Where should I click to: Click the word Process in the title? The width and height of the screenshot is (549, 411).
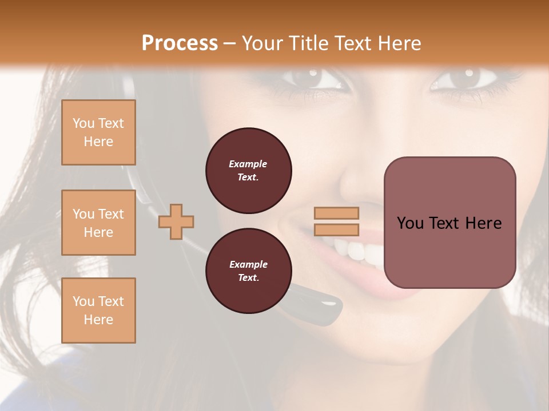(x=180, y=43)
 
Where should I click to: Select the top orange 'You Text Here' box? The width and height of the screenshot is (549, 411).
(x=98, y=132)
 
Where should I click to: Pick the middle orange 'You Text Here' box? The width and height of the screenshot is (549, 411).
(x=98, y=223)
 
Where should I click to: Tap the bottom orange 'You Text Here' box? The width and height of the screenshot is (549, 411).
(x=98, y=311)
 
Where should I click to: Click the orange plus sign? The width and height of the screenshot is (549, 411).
(x=176, y=221)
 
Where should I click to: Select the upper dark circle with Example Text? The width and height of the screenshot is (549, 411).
(x=248, y=171)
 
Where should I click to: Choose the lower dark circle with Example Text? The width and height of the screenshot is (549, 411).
(x=248, y=271)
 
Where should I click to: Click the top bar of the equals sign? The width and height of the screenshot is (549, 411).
(x=336, y=213)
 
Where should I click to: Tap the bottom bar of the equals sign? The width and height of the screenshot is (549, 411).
(x=336, y=230)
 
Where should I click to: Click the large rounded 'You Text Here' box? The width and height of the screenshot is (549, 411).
(x=449, y=223)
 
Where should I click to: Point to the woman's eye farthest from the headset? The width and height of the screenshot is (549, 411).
(x=464, y=78)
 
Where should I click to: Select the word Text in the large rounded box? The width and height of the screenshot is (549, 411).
(x=445, y=223)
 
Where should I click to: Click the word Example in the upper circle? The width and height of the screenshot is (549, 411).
(x=248, y=164)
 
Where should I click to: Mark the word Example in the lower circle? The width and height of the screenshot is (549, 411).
(x=248, y=264)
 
